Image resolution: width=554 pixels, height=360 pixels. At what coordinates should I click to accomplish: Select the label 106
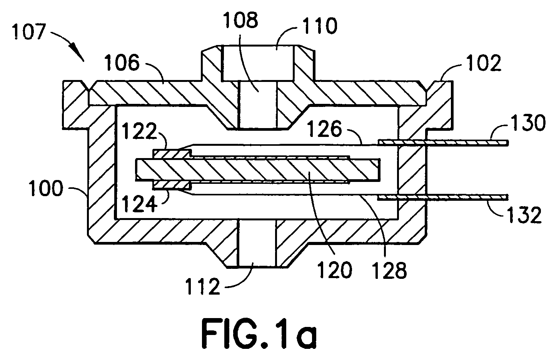(x=122, y=63)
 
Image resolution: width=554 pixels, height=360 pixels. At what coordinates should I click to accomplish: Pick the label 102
(x=484, y=63)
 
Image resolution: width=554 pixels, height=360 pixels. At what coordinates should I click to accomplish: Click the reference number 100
(x=45, y=188)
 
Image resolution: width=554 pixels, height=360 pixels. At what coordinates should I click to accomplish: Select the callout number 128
(x=389, y=270)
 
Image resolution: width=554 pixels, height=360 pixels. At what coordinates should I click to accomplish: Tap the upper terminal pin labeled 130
(x=443, y=143)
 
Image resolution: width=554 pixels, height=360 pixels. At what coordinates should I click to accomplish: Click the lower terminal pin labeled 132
(x=443, y=197)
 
